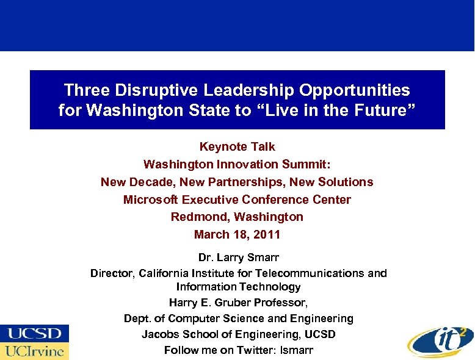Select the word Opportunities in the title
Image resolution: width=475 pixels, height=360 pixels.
point(355,90)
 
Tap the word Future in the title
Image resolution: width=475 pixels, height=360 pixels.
point(386,110)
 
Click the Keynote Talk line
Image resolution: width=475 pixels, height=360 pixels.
point(237,146)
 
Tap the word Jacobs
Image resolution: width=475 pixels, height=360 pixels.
point(158,334)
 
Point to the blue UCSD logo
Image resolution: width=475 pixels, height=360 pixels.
point(35,334)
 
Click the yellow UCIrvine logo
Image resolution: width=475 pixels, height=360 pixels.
point(35,351)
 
